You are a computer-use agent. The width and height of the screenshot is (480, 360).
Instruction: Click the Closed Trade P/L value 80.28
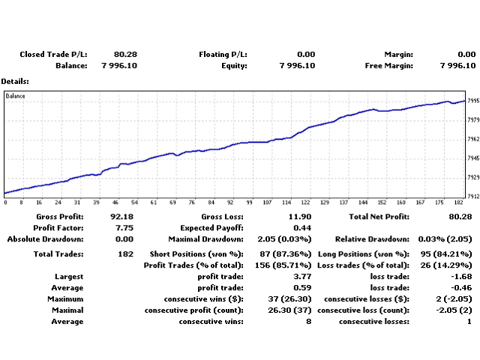[125, 54]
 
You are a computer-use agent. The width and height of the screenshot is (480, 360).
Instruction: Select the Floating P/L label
[223, 54]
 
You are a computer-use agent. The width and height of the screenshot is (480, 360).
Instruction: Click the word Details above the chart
[15, 81]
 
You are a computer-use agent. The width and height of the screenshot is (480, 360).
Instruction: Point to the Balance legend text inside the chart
[16, 96]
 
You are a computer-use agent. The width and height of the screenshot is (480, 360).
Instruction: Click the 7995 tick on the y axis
[473, 100]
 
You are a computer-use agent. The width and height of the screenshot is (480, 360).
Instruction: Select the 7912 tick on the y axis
[473, 196]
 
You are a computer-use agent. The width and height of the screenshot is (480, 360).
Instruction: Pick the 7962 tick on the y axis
[473, 139]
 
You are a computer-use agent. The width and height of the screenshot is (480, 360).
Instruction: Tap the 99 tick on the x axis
[249, 202]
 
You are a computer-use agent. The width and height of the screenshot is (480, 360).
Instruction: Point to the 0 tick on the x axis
[5, 202]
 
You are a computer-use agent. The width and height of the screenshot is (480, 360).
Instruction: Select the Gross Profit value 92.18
[125, 217]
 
